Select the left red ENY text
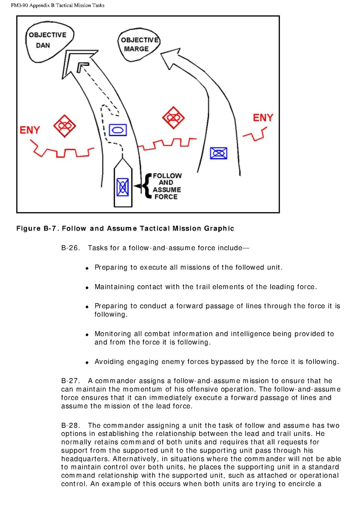coord(30,130)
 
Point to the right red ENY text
coord(263,118)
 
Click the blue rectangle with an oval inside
coord(118,129)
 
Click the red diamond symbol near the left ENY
coord(64,125)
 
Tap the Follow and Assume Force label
coord(166,186)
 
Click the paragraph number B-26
coord(71,248)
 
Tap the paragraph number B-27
coord(71,381)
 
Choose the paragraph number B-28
coord(71,426)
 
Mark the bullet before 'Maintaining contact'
coord(87,288)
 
